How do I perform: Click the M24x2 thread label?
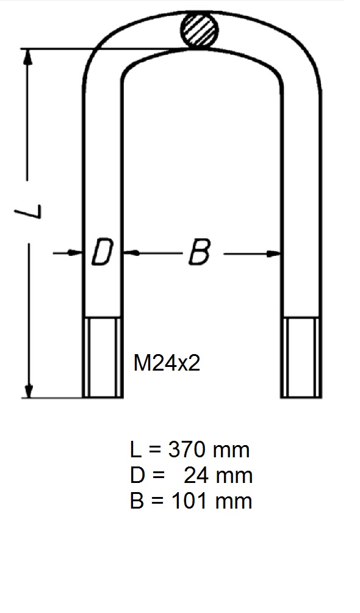[x=167, y=364]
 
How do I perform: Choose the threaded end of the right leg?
[x=299, y=357]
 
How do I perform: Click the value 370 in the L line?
[x=186, y=451]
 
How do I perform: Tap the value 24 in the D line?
[x=196, y=476]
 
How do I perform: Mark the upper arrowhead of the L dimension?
[x=27, y=57]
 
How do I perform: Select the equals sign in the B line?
[x=155, y=501]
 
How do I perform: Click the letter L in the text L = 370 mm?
[x=135, y=451]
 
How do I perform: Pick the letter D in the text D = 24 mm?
[x=137, y=476]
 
